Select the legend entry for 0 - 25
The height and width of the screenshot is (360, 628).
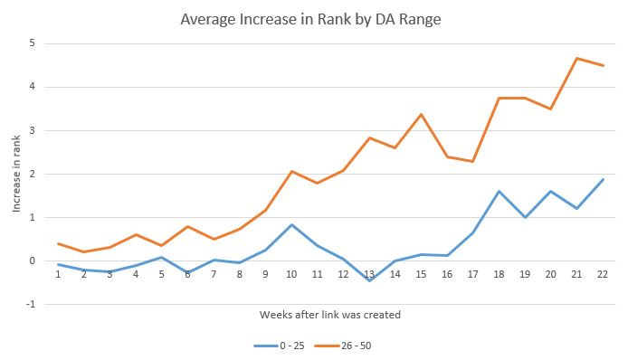(x=276, y=344)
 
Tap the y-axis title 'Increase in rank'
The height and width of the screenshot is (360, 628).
(x=16, y=175)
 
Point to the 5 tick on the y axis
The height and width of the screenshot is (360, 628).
(x=33, y=43)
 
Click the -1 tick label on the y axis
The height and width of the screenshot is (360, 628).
(x=31, y=305)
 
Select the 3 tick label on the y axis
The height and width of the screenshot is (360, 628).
(x=33, y=130)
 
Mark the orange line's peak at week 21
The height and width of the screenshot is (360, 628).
(x=576, y=58)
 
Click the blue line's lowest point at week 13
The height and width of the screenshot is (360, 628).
(x=369, y=280)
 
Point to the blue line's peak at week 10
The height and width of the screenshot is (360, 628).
(x=291, y=224)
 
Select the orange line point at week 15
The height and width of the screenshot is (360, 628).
(x=422, y=114)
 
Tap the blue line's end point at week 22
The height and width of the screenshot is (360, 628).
(x=603, y=179)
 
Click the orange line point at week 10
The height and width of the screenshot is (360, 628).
(x=291, y=171)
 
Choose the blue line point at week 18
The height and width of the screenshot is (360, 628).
(x=499, y=191)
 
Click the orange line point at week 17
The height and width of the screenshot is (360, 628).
(x=473, y=161)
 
